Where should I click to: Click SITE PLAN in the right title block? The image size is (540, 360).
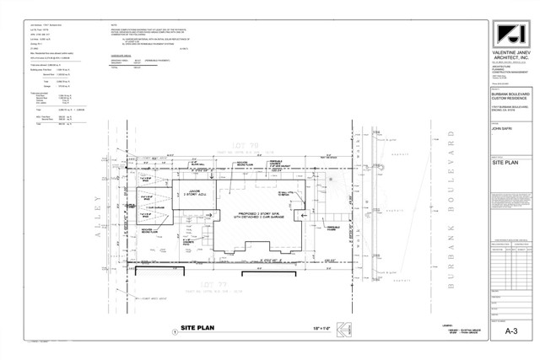[x=504, y=159]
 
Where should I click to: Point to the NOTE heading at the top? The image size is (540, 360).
[x=113, y=26]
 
